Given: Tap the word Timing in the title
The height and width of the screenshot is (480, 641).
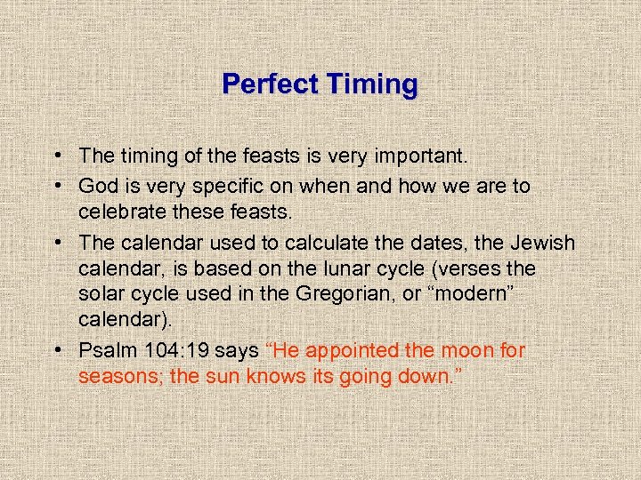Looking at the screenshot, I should click(x=372, y=84).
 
